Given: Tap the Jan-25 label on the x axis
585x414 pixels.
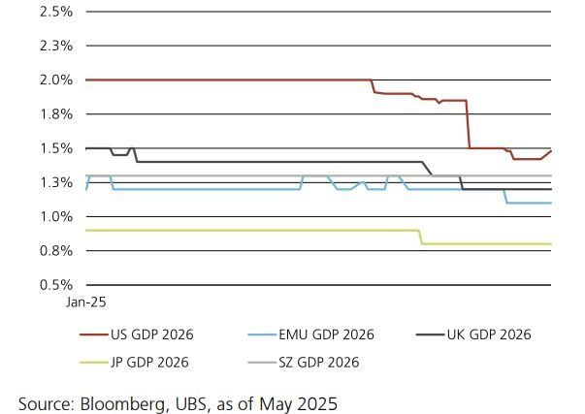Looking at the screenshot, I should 85,303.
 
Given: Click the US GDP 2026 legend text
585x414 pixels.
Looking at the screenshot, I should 151,335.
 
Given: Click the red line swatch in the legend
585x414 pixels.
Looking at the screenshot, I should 93,335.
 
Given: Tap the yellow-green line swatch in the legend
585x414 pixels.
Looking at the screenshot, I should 93,363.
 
